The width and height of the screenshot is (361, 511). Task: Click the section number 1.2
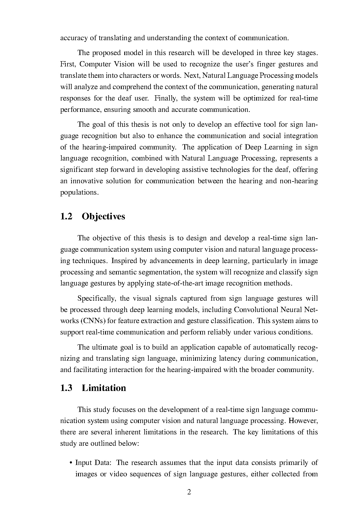pyautogui.click(x=66, y=216)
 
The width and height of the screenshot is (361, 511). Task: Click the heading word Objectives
pyautogui.click(x=103, y=216)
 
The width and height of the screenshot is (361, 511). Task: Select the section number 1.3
pyautogui.click(x=66, y=388)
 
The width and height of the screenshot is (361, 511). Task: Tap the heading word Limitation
pyautogui.click(x=104, y=388)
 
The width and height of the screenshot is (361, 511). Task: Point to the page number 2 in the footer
pyautogui.click(x=189, y=492)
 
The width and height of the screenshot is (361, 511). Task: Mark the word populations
pyautogui.click(x=79, y=193)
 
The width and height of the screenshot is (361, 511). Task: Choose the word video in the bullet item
pyautogui.click(x=118, y=474)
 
